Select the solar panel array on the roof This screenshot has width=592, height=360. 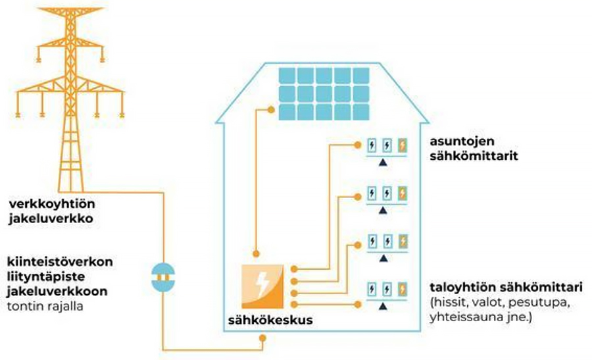(324, 93)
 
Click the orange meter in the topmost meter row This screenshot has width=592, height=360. (403, 145)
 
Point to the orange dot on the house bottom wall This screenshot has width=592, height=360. (264, 338)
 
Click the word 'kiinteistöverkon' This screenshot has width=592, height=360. (61, 261)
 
